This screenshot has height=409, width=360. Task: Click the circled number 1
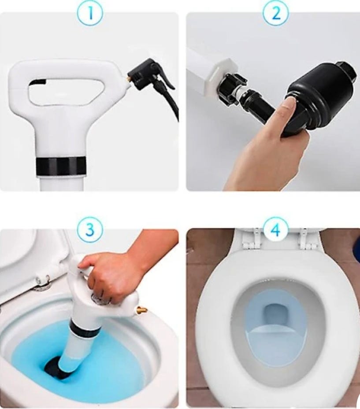(90, 13)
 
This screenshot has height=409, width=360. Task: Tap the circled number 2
(276, 13)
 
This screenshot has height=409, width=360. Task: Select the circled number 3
(90, 229)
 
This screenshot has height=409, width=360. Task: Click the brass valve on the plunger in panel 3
(143, 310)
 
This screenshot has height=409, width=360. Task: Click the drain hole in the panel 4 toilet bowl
(276, 316)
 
